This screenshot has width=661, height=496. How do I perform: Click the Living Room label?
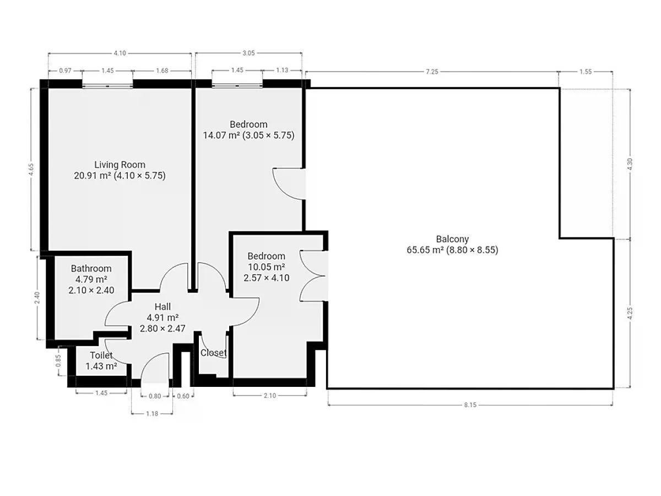(120, 165)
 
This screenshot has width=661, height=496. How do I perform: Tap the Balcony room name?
(452, 239)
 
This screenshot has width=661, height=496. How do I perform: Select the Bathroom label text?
(91, 268)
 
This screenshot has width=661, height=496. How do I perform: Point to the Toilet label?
(101, 355)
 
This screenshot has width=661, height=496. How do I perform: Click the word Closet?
(214, 353)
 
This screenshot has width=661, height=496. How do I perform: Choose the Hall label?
(162, 306)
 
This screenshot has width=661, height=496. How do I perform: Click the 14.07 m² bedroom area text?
(221, 135)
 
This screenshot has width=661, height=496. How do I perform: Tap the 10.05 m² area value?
(267, 267)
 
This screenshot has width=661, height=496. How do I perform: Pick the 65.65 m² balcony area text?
(425, 250)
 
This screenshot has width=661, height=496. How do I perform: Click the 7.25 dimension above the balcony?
(432, 72)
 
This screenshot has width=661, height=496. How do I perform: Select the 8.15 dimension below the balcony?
(470, 405)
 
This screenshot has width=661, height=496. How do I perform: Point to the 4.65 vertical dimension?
(31, 169)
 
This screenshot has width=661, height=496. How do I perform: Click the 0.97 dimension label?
(65, 71)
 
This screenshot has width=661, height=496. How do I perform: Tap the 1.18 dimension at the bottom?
(152, 413)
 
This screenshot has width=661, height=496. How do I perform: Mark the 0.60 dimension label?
(183, 396)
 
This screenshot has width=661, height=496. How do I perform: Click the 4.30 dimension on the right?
(630, 164)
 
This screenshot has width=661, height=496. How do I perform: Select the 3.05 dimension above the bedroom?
(249, 53)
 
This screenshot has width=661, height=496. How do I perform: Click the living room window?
(107, 86)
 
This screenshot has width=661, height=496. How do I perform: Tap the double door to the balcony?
(313, 276)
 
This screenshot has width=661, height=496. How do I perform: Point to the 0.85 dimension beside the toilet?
(58, 360)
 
